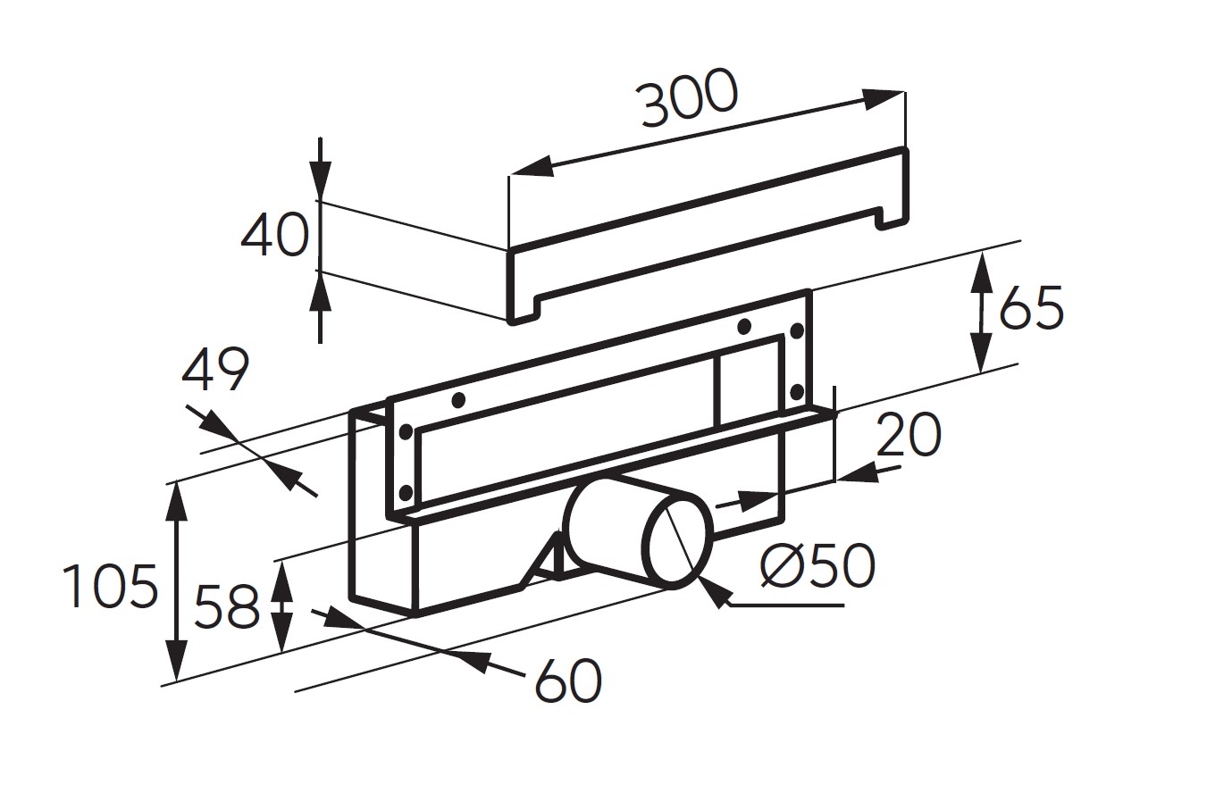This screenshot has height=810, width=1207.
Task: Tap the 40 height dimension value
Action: [x=275, y=235]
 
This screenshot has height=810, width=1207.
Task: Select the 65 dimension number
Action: [x=1031, y=307]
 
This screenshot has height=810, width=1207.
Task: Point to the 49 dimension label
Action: [x=215, y=370]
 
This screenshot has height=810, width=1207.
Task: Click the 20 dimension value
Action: [x=909, y=435]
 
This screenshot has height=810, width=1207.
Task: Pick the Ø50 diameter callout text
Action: [x=817, y=565]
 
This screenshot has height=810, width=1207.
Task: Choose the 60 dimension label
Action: [x=568, y=681]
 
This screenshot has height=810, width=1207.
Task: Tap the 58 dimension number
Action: [x=227, y=606]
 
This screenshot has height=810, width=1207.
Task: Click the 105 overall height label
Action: [x=110, y=586]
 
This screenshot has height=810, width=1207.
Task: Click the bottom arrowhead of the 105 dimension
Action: [x=177, y=660]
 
